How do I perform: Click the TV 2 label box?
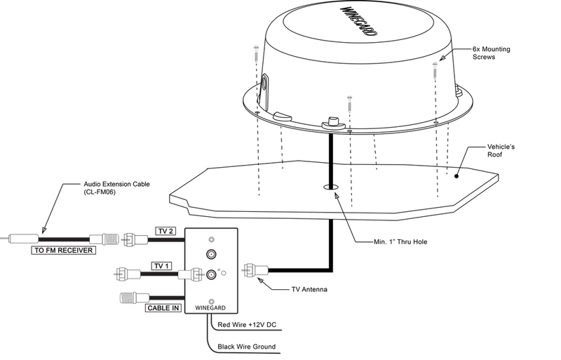pos(165,231)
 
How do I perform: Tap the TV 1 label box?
pos(161,266)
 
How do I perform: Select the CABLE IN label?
pos(163,307)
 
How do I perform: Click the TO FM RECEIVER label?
pos(63,250)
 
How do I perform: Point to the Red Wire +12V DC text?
pos(247,325)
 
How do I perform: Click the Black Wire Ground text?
pos(247,347)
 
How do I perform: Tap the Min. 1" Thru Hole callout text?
pos(400,242)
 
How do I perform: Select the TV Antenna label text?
pos(309,289)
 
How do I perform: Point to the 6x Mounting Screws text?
pos(492,53)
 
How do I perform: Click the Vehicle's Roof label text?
pos(501,150)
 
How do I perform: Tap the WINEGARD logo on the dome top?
pos(358,21)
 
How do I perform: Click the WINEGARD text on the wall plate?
pos(210,307)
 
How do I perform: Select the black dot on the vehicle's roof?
pos(457,176)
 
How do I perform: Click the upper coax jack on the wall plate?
pos(211,254)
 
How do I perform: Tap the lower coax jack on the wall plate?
pos(211,275)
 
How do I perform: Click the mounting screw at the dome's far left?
pos(256,55)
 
